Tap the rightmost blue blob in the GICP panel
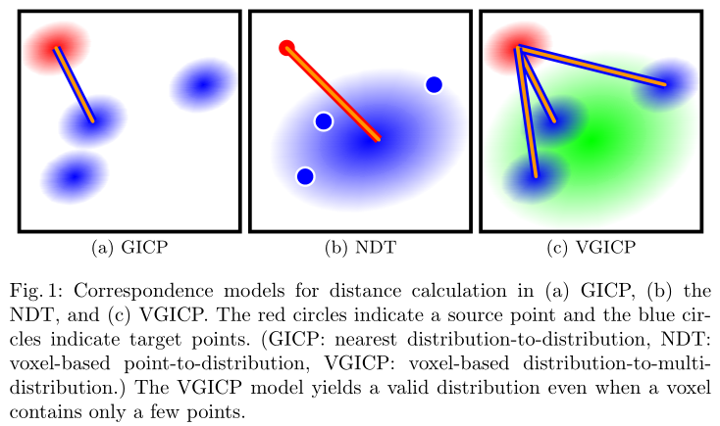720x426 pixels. point(202,86)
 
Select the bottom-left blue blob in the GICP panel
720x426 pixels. point(73,176)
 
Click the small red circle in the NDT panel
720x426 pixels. point(286,47)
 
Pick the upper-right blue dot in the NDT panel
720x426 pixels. point(434,85)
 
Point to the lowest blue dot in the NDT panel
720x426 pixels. point(305,176)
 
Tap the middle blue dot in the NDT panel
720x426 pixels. point(323,121)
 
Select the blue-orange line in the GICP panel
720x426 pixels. point(75,85)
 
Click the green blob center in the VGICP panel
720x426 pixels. point(592,140)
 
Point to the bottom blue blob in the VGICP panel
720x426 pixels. point(536,177)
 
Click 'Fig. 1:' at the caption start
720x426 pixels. point(37,290)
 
